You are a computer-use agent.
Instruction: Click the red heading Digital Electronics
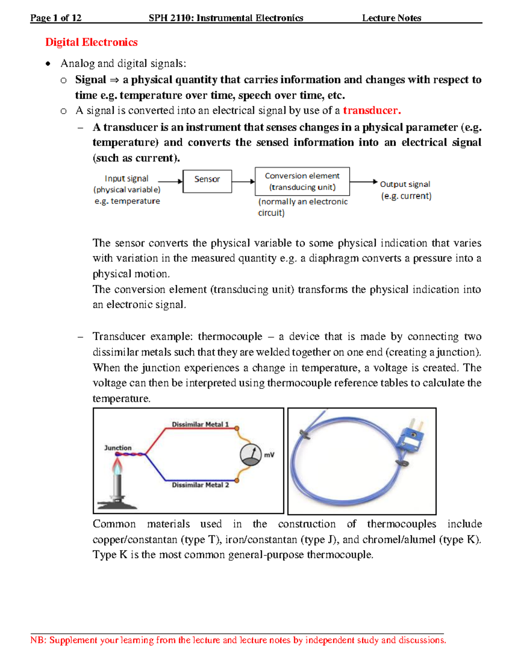[91, 42]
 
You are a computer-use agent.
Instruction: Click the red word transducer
[372, 111]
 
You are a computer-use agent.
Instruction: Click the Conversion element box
[302, 181]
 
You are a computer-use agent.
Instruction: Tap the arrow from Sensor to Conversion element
[243, 181]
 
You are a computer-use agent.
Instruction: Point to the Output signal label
[405, 184]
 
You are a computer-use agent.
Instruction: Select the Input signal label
[126, 178]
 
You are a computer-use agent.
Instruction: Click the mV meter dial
[251, 455]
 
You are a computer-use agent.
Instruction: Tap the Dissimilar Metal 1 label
[200, 424]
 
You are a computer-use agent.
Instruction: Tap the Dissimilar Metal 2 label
[200, 485]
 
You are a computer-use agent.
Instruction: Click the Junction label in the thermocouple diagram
[118, 448]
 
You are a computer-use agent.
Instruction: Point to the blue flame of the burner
[117, 467]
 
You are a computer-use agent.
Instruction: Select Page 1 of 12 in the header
[55, 18]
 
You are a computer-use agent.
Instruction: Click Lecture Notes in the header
[391, 18]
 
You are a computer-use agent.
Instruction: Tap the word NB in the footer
[38, 640]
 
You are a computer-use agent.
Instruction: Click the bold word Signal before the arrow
[90, 80]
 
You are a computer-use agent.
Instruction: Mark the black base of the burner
[117, 505]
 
